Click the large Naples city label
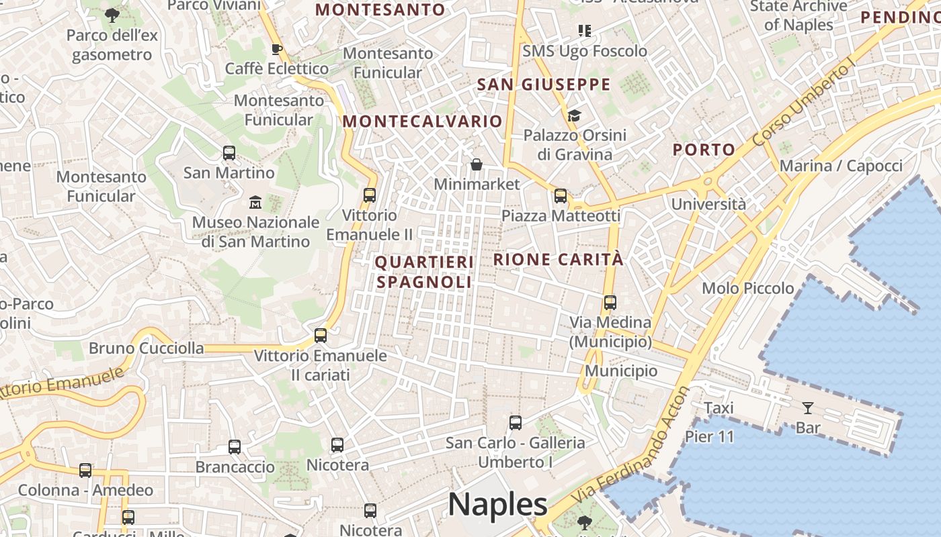[497, 504]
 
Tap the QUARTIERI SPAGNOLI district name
[424, 272]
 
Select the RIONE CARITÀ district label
[559, 260]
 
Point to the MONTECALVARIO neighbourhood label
[422, 121]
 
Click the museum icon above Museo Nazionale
[255, 202]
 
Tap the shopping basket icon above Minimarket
[476, 164]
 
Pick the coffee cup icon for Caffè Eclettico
[276, 49]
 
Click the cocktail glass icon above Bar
[807, 407]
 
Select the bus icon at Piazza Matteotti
[560, 196]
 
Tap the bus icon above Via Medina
[610, 303]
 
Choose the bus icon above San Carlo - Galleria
[515, 423]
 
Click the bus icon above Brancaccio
[234, 447]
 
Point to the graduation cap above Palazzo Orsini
[573, 115]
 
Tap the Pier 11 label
[710, 437]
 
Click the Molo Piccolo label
[747, 289]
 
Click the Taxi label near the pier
[719, 407]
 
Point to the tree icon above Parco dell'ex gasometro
[112, 15]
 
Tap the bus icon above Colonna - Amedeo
[85, 471]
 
